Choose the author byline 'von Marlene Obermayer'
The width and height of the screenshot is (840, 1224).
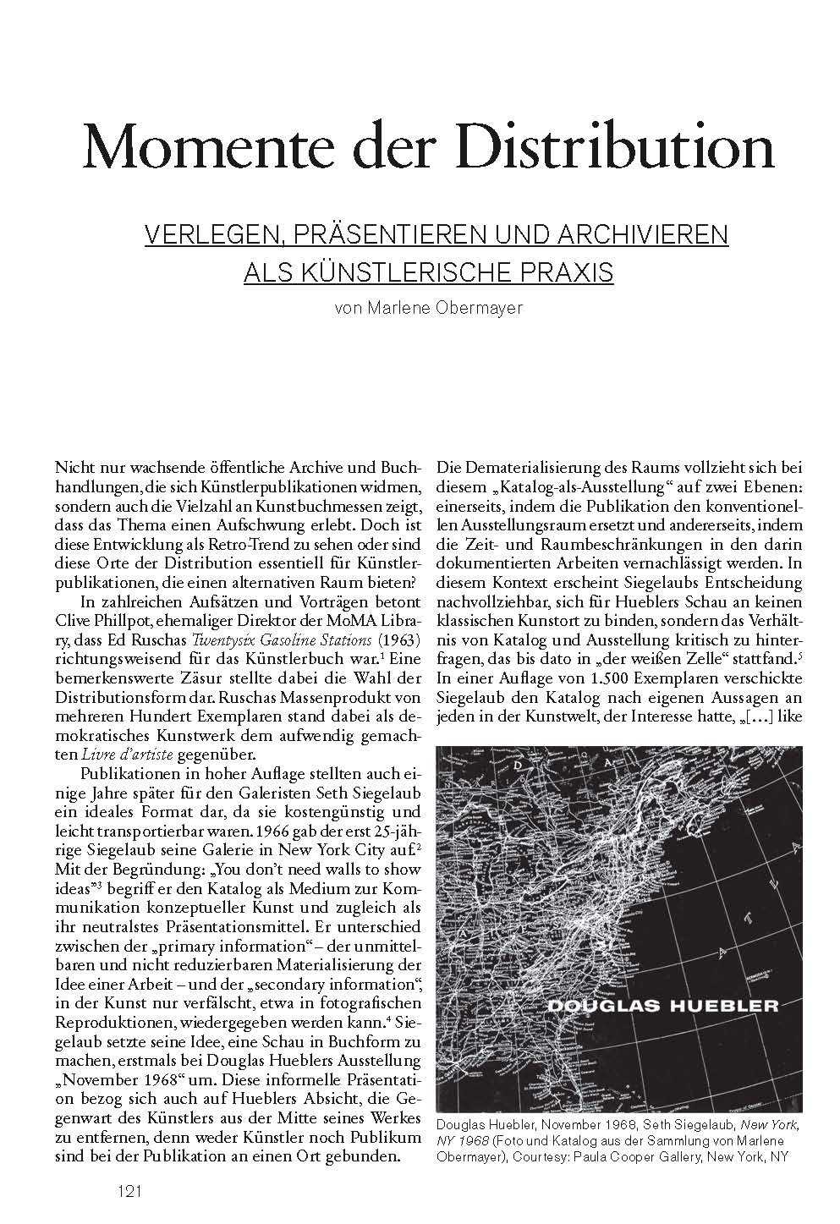(429, 308)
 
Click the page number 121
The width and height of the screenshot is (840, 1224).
(129, 1191)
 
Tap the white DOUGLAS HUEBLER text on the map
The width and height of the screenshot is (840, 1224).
(662, 1006)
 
